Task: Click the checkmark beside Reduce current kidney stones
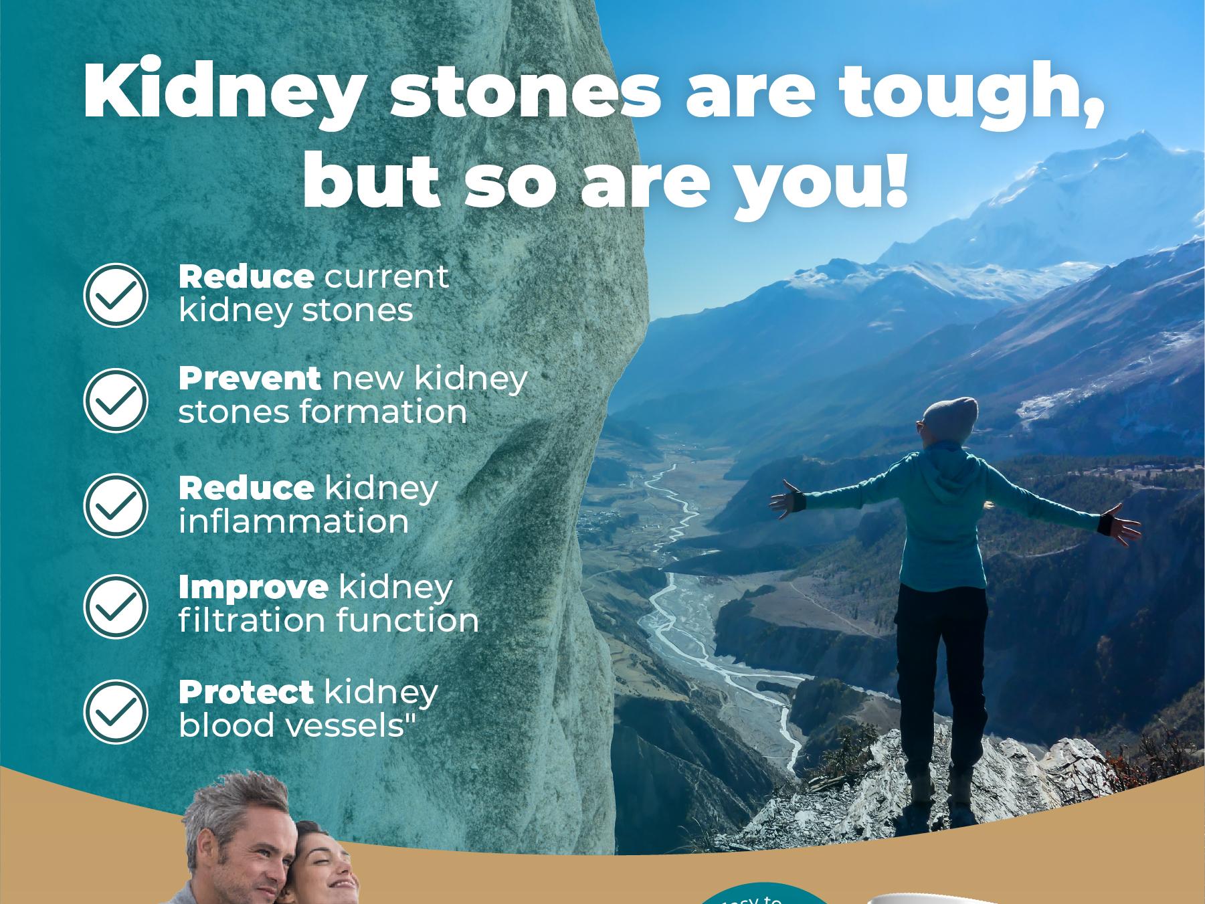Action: pyautogui.click(x=116, y=295)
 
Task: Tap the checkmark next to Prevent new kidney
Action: pyautogui.click(x=116, y=399)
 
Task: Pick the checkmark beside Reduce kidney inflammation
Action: pyautogui.click(x=116, y=505)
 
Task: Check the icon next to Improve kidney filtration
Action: pyautogui.click(x=116, y=606)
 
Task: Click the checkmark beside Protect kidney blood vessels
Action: pyautogui.click(x=116, y=711)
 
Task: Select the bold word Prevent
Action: pyautogui.click(x=249, y=379)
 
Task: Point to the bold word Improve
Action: pyautogui.click(x=253, y=587)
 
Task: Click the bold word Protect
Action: pyautogui.click(x=246, y=692)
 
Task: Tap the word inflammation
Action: pyautogui.click(x=293, y=522)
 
